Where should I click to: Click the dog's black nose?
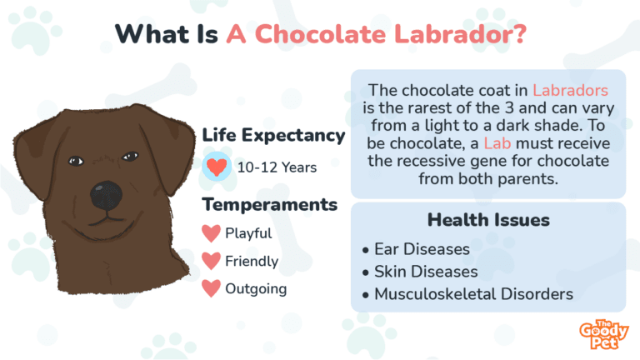click(107, 196)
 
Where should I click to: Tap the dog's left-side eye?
click(76, 160)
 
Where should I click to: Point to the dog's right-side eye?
click(130, 156)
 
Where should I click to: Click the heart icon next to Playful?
click(212, 233)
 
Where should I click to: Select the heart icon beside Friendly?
click(212, 262)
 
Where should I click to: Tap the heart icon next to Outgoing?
click(212, 289)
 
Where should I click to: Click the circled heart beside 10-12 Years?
click(217, 167)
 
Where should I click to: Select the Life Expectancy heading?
click(273, 136)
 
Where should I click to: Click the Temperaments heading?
click(269, 204)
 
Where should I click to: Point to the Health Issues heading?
click(487, 220)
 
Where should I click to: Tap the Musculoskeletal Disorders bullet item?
click(472, 294)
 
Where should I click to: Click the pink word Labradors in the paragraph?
click(570, 89)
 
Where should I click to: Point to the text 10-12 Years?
click(277, 167)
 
